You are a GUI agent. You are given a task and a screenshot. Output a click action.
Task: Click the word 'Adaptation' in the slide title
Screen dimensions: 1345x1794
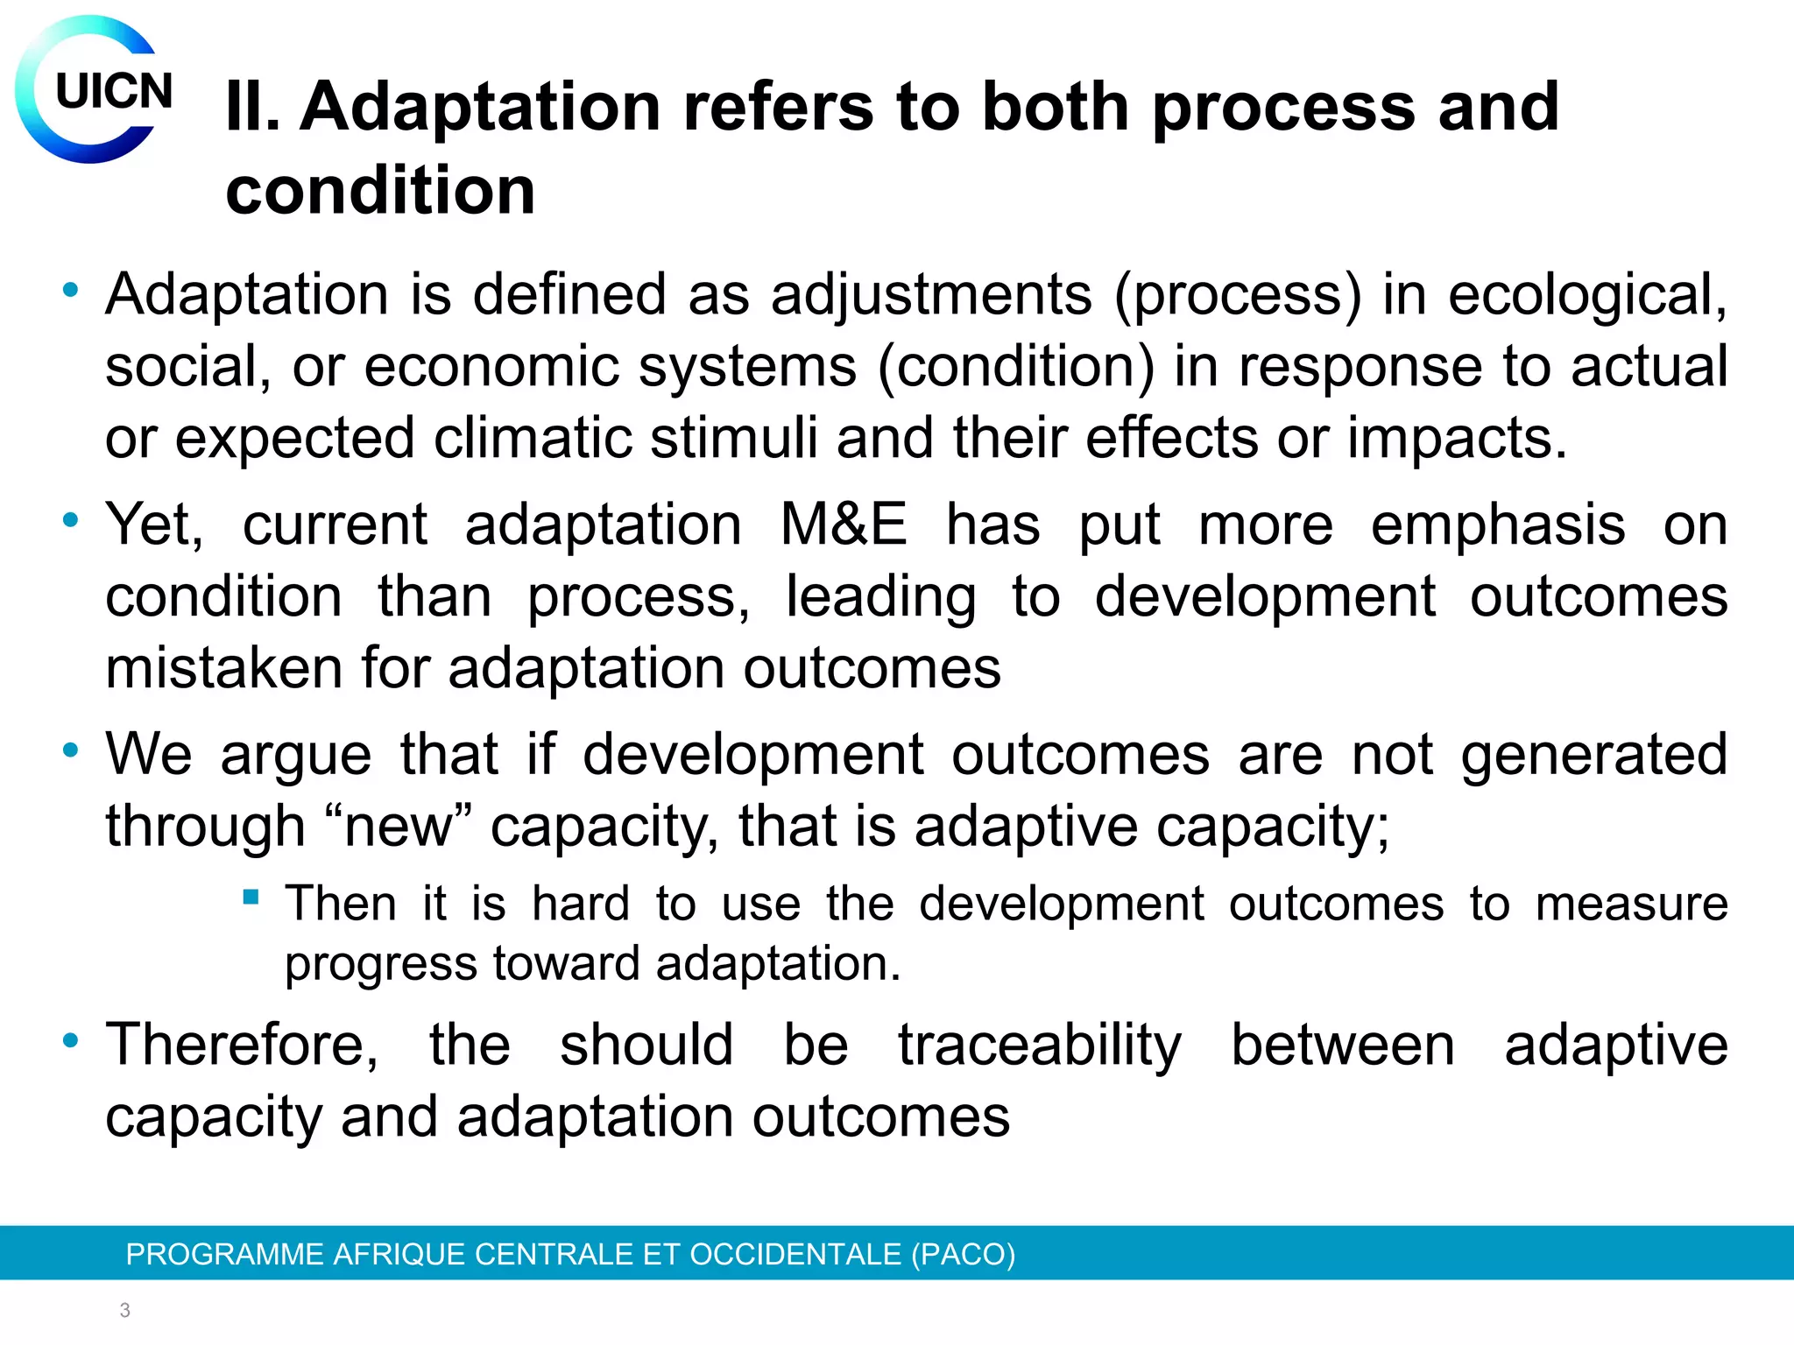tap(480, 107)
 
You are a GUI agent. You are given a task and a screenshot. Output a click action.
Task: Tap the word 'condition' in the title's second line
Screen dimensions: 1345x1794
tap(380, 191)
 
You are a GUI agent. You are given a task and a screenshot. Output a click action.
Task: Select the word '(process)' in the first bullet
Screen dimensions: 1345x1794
tap(1238, 295)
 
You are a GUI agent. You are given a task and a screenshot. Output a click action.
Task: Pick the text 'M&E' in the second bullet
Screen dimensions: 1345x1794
tap(844, 525)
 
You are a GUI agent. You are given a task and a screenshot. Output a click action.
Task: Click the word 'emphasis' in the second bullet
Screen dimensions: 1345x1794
tap(1498, 525)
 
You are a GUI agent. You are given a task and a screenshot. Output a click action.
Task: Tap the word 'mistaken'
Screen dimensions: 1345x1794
tap(223, 669)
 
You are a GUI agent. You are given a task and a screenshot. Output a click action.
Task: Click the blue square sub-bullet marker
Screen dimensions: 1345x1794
tap(251, 897)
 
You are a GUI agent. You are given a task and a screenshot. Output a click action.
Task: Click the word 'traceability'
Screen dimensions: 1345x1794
tap(1040, 1046)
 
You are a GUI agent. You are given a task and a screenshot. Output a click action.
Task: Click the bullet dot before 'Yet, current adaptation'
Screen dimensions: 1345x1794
tap(71, 520)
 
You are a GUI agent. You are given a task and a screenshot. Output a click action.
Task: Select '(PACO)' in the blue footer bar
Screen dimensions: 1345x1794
tap(963, 1254)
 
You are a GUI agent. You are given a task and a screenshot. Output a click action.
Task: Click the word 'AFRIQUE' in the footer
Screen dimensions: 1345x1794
tap(399, 1254)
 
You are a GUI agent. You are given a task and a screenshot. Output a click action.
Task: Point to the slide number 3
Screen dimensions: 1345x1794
tap(125, 1310)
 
